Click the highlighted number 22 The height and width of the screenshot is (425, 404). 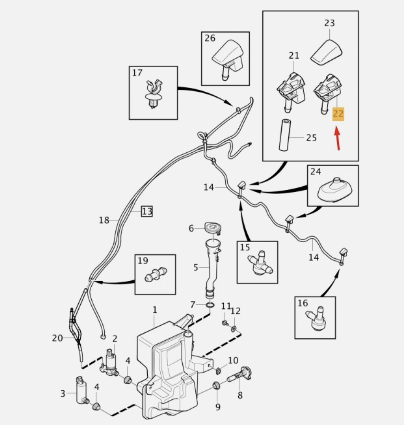(x=338, y=114)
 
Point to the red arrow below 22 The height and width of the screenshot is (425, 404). (x=337, y=138)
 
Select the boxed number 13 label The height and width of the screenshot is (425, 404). (x=147, y=211)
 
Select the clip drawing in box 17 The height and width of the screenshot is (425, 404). (x=154, y=94)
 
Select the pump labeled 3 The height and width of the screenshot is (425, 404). (x=81, y=391)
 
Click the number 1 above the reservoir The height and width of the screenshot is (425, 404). (x=155, y=310)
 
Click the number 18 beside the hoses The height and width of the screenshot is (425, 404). (x=104, y=220)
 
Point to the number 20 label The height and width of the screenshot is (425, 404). (x=57, y=338)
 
